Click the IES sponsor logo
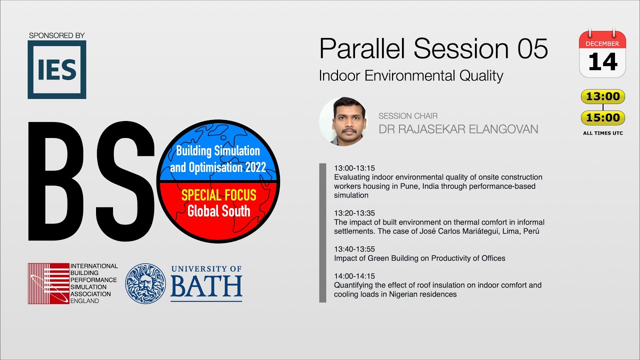point(56,69)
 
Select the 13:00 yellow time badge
point(602,96)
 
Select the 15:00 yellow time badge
point(602,118)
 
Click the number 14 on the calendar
point(602,62)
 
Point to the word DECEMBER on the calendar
point(602,43)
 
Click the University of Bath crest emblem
point(145,283)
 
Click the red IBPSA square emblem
point(48,283)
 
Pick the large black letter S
point(125,182)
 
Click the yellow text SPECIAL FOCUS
point(218,195)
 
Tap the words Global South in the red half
point(218,211)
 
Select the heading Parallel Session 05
point(433,48)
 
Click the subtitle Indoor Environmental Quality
point(410,76)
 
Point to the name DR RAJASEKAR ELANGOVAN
point(458,129)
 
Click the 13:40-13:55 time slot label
point(354,249)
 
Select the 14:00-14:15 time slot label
point(354,276)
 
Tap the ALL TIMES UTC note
point(602,133)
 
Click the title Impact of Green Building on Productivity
point(419,258)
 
